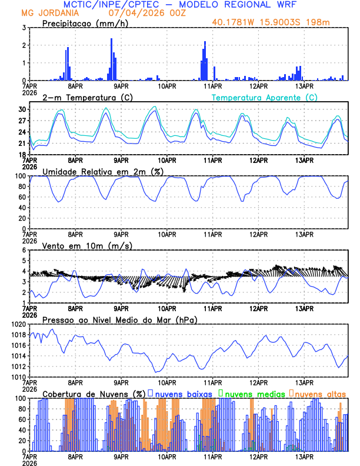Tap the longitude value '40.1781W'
click(x=234, y=23)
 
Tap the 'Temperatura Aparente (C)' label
click(x=265, y=97)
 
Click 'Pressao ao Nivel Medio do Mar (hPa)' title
click(x=119, y=319)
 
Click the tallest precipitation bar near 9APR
click(x=111, y=59)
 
